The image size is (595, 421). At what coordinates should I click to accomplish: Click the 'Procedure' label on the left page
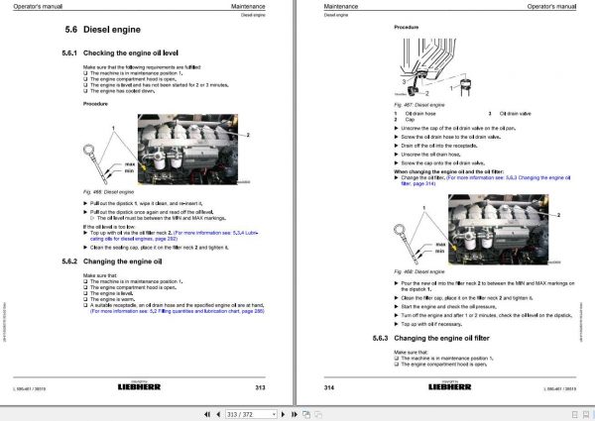click(95, 104)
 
